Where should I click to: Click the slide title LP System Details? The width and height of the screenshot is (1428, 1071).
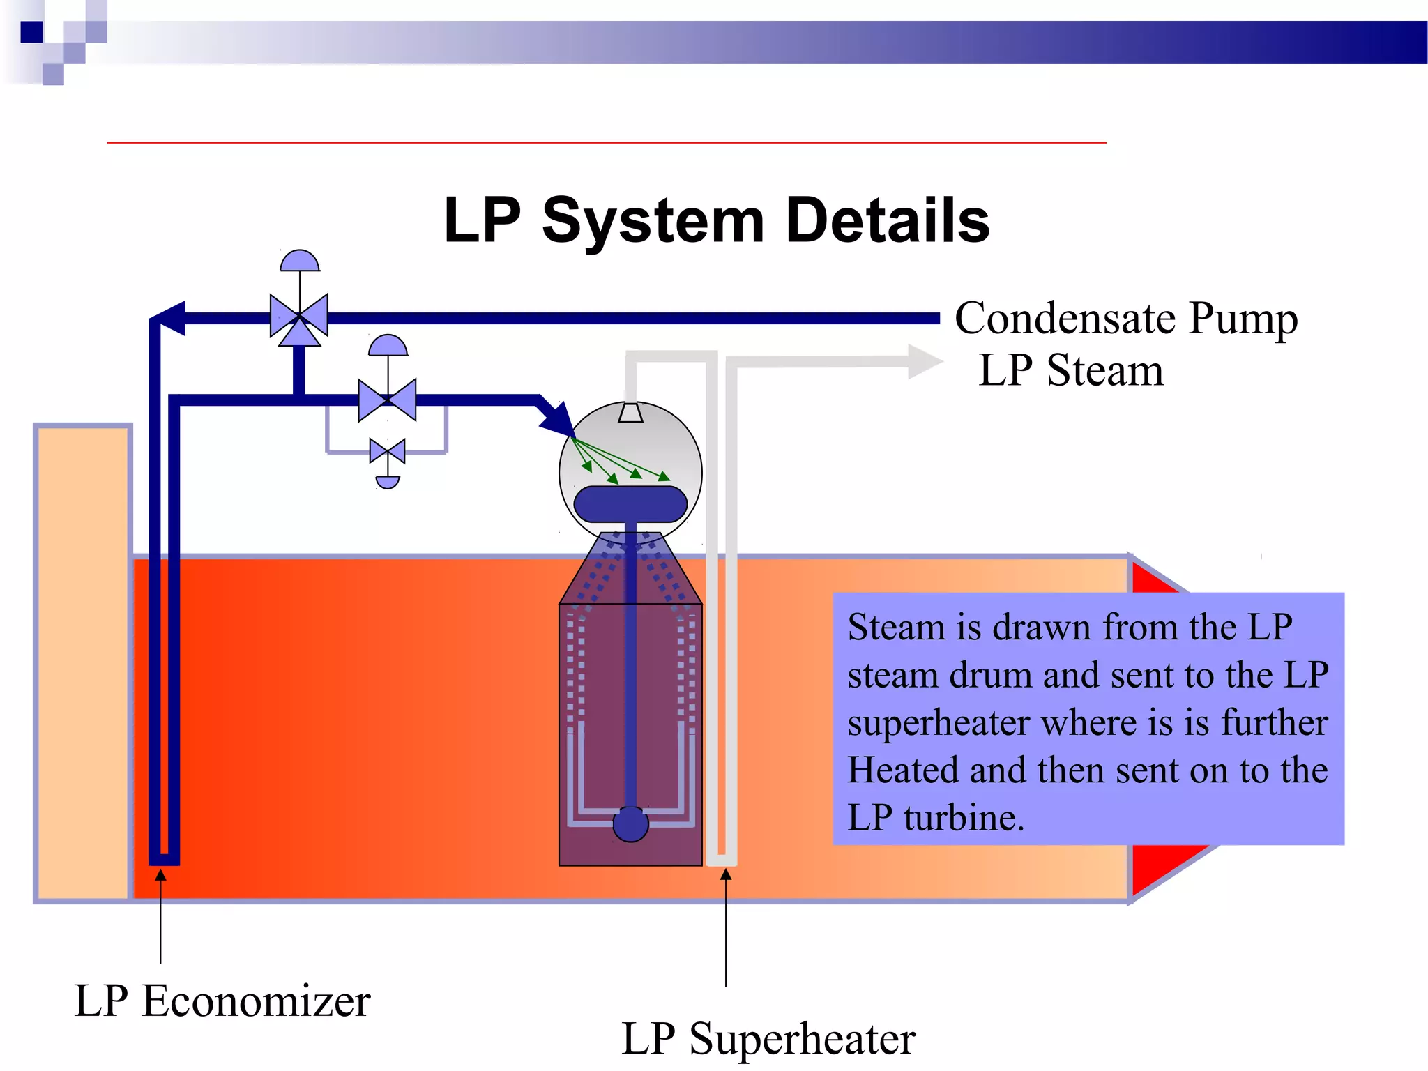click(x=717, y=220)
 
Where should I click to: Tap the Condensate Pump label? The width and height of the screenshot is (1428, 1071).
click(x=1125, y=319)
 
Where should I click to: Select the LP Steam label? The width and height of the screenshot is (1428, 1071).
click(x=1071, y=370)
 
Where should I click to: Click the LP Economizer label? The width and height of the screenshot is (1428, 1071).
click(x=222, y=1001)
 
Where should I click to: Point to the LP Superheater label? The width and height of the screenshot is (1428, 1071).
click(x=768, y=1039)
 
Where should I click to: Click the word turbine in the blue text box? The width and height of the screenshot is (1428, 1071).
click(x=964, y=818)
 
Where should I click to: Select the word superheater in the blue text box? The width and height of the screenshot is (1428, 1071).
click(x=938, y=723)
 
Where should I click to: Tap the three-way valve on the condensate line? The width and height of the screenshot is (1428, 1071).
click(x=299, y=318)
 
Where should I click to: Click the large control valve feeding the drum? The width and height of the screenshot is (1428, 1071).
click(x=387, y=400)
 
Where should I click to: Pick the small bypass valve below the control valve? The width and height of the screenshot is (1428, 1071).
click(x=387, y=452)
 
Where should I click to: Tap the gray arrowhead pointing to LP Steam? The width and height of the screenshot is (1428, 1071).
click(x=924, y=362)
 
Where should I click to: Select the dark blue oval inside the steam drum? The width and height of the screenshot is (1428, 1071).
click(x=630, y=503)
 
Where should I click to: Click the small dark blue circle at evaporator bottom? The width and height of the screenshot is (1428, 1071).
click(x=630, y=824)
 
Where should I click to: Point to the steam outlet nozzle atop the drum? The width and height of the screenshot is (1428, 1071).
click(x=630, y=413)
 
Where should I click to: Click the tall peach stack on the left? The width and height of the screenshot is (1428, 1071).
click(x=83, y=662)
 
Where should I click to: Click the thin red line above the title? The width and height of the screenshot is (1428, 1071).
click(x=607, y=143)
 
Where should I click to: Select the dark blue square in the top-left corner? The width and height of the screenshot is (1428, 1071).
click(x=31, y=32)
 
